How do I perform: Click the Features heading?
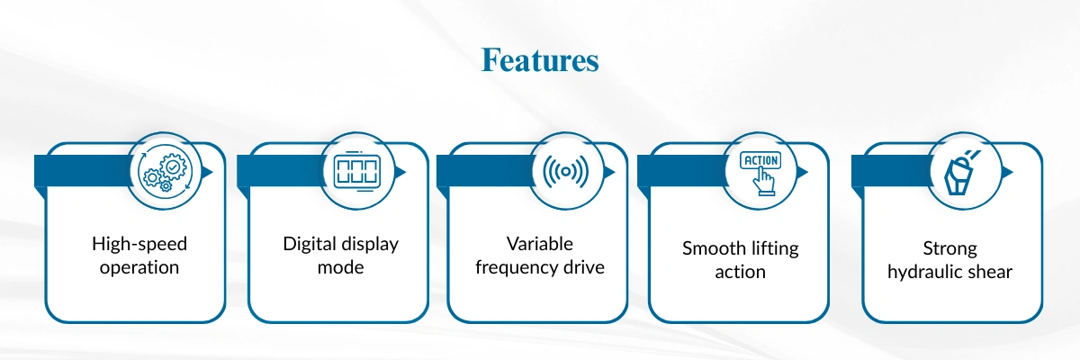coord(539,60)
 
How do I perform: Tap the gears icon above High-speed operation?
coord(164,171)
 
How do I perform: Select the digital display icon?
coord(356,171)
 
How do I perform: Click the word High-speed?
coord(139,244)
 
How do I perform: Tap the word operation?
coord(139,267)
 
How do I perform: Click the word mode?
coord(340,267)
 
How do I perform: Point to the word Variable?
coord(539,244)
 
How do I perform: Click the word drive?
coord(583,267)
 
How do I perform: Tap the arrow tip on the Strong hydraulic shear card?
coord(1012,171)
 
